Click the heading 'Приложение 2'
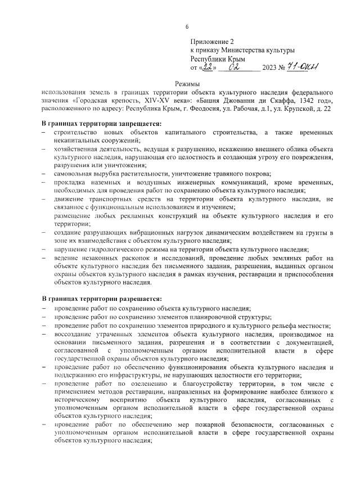212,42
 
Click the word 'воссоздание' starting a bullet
76,334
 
